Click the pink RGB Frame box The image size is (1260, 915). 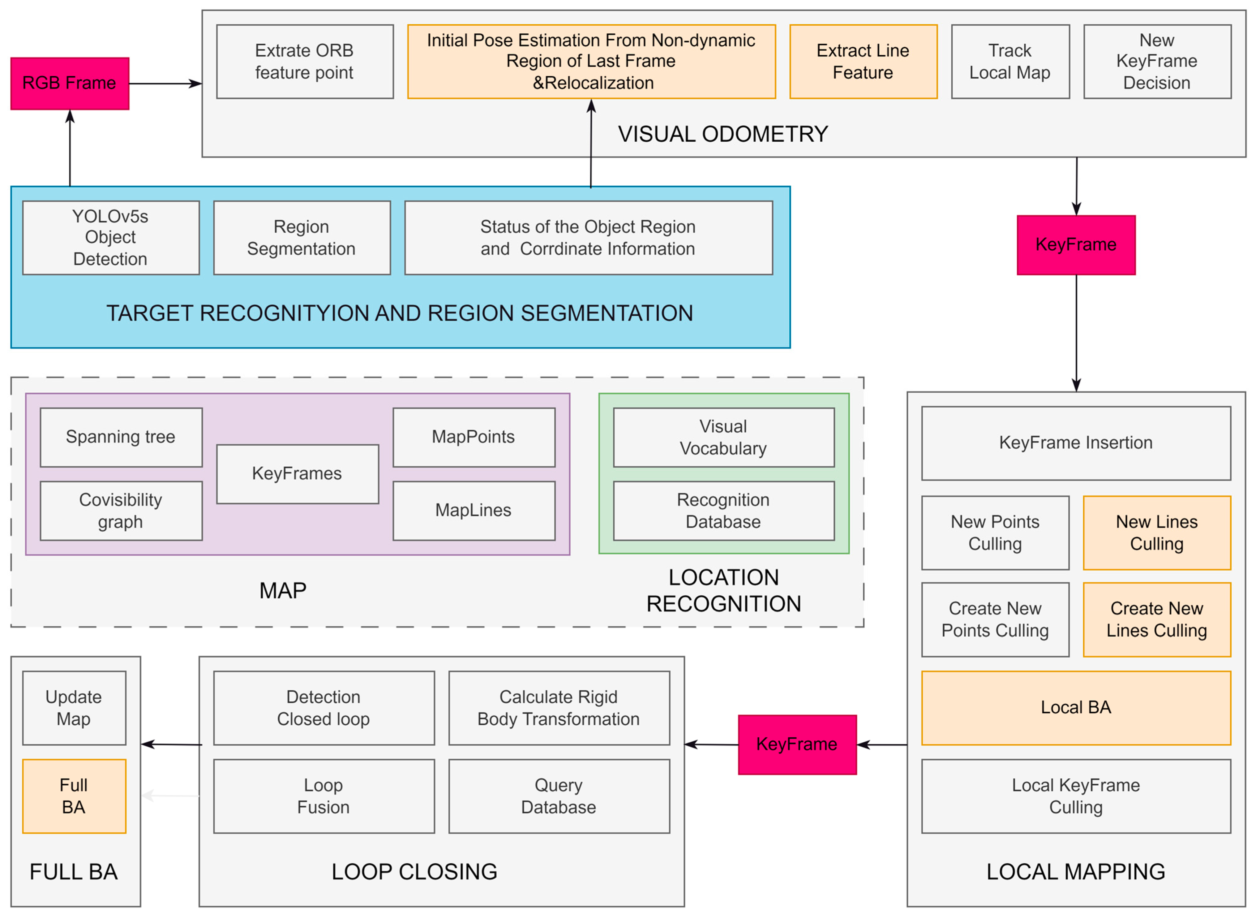70,83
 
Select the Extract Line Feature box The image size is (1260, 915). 863,62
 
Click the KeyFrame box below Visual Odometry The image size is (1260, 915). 1076,244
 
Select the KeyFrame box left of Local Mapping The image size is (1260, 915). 797,744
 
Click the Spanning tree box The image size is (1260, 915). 121,437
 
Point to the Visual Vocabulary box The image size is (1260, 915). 723,437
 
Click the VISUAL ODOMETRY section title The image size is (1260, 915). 723,134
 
